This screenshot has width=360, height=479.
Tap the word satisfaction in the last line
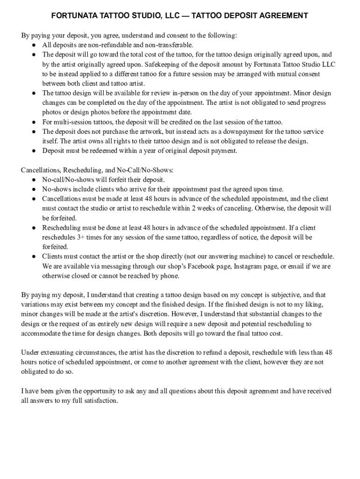[x=98, y=400]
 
